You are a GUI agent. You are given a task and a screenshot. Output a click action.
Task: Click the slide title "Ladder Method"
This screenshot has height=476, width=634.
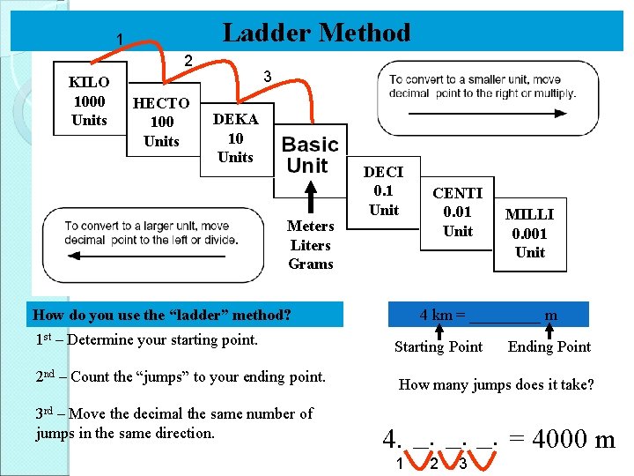coord(316,33)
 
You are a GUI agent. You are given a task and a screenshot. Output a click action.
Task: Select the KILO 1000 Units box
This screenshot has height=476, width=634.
coord(89,101)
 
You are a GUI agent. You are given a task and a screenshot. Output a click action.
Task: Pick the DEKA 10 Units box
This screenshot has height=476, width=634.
coord(235,138)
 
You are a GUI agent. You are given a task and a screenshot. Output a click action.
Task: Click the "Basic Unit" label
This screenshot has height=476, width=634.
coord(309,155)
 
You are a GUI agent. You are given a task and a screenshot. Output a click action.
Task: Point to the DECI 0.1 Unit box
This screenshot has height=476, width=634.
coord(383,191)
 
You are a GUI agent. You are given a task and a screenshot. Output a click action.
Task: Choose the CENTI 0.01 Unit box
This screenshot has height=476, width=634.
coord(457,212)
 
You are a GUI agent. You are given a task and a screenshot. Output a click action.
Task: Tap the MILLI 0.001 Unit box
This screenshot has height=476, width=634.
coord(530,234)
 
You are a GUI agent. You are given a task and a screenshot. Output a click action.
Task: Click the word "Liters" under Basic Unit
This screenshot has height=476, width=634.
coord(310,245)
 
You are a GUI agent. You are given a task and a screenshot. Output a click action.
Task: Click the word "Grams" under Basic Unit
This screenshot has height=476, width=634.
coord(310,264)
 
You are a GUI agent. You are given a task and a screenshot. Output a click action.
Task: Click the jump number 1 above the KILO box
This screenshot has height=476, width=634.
coord(121,40)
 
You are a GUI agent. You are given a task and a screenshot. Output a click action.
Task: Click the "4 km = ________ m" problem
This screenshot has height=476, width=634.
coord(489,315)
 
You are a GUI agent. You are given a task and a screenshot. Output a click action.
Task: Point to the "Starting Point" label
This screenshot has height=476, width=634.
coord(438,346)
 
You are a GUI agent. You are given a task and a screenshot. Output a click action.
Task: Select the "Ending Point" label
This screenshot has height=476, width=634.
coord(549,346)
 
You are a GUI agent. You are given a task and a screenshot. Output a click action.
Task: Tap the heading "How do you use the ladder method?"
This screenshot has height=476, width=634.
coord(161,315)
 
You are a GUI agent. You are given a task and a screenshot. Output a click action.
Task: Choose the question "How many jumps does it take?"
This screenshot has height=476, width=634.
coord(497,384)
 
